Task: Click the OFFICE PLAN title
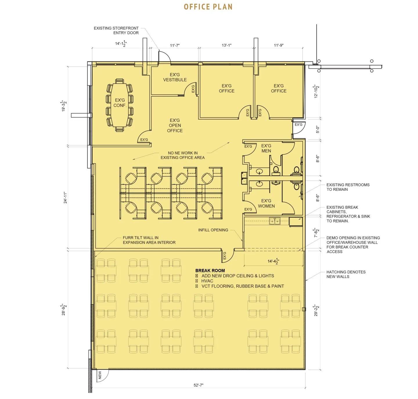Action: [208, 7]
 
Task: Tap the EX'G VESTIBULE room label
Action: [175, 77]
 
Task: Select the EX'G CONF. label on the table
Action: [120, 102]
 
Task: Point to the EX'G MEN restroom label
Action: [266, 148]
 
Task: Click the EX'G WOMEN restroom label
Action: [266, 203]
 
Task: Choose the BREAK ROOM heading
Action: [210, 270]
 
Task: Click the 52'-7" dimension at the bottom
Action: [198, 385]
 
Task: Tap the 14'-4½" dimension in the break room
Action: [273, 261]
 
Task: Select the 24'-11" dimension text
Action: [65, 197]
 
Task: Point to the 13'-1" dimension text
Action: [227, 45]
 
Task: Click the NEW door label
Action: [100, 375]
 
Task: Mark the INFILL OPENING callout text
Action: [213, 230]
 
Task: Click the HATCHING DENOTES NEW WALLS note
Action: [346, 274]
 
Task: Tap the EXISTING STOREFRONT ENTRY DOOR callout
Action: [116, 30]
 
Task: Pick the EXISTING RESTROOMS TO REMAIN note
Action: [348, 187]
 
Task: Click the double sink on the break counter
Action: [275, 221]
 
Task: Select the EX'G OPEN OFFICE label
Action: [175, 125]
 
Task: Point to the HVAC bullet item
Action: [207, 281]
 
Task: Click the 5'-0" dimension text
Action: [318, 129]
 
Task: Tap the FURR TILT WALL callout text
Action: [149, 240]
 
